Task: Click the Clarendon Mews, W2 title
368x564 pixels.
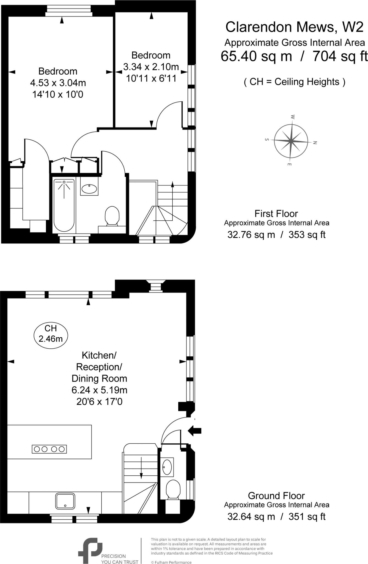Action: tap(294, 27)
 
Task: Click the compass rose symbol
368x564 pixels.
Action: tap(291, 141)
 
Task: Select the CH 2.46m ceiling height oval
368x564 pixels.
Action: tap(51, 333)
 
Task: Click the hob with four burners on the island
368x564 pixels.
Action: tap(50, 449)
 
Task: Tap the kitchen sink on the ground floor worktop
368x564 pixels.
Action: tap(65, 501)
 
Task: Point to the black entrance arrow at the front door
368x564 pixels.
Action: tap(195, 431)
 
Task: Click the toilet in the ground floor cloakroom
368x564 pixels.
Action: tap(173, 489)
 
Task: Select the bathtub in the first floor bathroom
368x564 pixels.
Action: tap(64, 205)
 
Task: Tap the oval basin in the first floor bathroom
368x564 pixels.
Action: tap(89, 189)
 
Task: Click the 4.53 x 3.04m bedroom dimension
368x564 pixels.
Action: tap(58, 83)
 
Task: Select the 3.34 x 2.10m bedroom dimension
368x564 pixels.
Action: tap(151, 67)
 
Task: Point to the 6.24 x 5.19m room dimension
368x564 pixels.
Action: tap(99, 390)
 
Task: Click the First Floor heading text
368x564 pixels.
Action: tap(276, 214)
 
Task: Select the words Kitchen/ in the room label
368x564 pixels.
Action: tap(99, 355)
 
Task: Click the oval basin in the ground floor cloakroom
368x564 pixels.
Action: tap(167, 467)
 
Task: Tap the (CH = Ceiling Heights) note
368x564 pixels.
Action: tap(294, 82)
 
